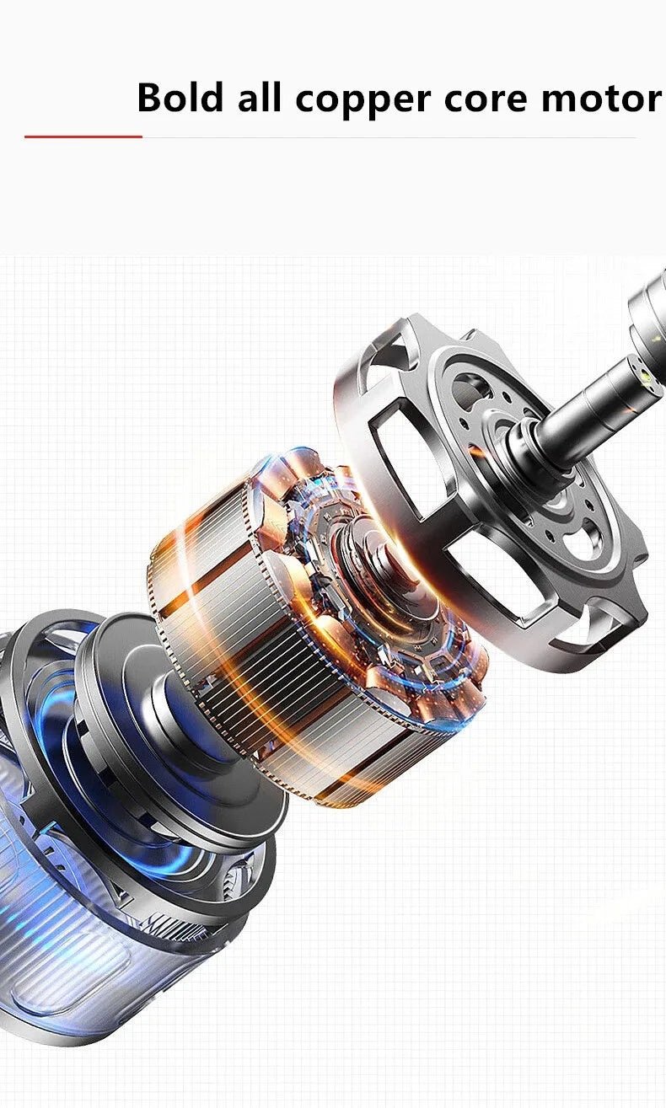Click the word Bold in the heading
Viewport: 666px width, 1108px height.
point(180,98)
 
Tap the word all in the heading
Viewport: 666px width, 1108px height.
point(259,98)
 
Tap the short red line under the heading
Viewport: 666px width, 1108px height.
point(83,136)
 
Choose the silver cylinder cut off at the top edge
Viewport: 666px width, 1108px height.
point(649,312)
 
